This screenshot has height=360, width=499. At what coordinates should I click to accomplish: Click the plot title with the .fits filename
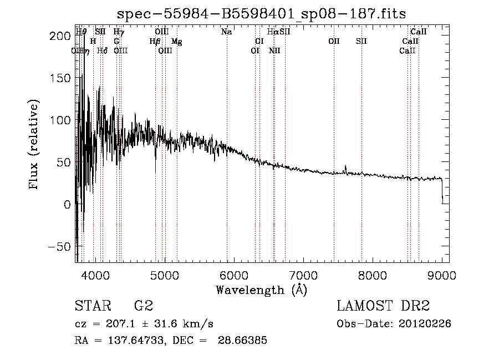262,14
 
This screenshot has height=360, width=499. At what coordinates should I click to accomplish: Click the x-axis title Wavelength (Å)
261,290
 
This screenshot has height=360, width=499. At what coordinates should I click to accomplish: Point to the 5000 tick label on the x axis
165,274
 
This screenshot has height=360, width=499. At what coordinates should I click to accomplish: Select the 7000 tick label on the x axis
303,274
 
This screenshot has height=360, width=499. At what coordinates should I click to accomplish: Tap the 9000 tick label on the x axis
442,274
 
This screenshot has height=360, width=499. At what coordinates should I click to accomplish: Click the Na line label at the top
226,32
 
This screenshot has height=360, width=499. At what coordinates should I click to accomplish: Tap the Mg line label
177,42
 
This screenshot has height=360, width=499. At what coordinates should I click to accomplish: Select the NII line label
274,50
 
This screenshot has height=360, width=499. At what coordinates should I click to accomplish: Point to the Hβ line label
155,42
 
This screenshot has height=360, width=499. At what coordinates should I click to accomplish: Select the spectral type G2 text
144,306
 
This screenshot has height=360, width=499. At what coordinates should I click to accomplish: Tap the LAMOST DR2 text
383,306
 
